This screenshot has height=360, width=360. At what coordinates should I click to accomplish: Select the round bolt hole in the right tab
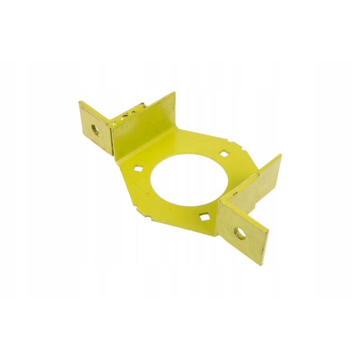[238, 233]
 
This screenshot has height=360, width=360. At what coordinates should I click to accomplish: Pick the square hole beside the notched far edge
[223, 154]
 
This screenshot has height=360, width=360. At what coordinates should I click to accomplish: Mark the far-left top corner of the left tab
[79, 103]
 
